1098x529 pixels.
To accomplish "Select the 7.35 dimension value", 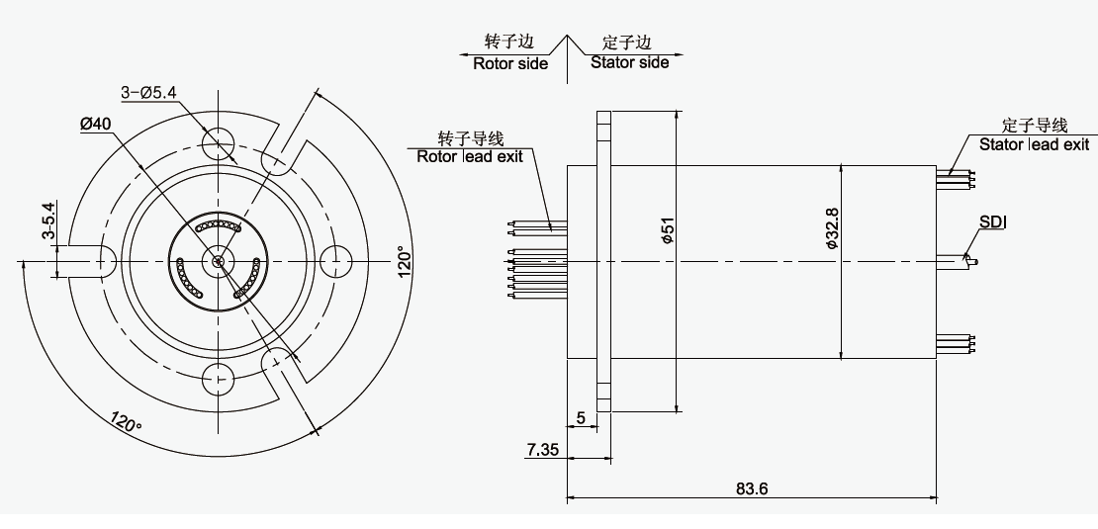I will pos(543,450).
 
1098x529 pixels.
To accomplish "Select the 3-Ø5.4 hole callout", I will pos(148,93).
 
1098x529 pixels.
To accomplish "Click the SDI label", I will pos(992,222).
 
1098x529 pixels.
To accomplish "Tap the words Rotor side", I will pos(510,64).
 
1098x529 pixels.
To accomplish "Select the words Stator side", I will pos(629,63).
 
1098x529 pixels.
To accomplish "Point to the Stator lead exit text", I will pos(1034,144).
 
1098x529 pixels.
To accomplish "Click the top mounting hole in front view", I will pos(218,145).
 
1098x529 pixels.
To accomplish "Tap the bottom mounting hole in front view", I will pos(218,377).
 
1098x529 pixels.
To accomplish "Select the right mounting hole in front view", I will pos(334,261).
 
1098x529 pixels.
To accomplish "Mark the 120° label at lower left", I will pos(126,423).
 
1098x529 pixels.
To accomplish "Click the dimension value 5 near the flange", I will pos(581,418).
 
